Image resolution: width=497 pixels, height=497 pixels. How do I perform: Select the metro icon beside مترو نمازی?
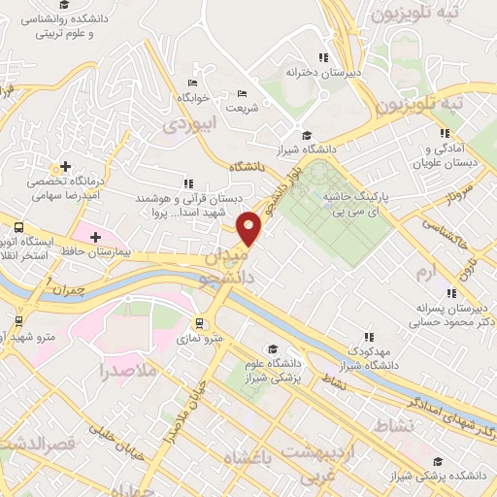(x=199, y=322)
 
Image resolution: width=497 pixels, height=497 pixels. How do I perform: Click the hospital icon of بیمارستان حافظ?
(x=95, y=236)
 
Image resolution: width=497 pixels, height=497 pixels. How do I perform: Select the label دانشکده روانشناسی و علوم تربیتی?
(x=77, y=23)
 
